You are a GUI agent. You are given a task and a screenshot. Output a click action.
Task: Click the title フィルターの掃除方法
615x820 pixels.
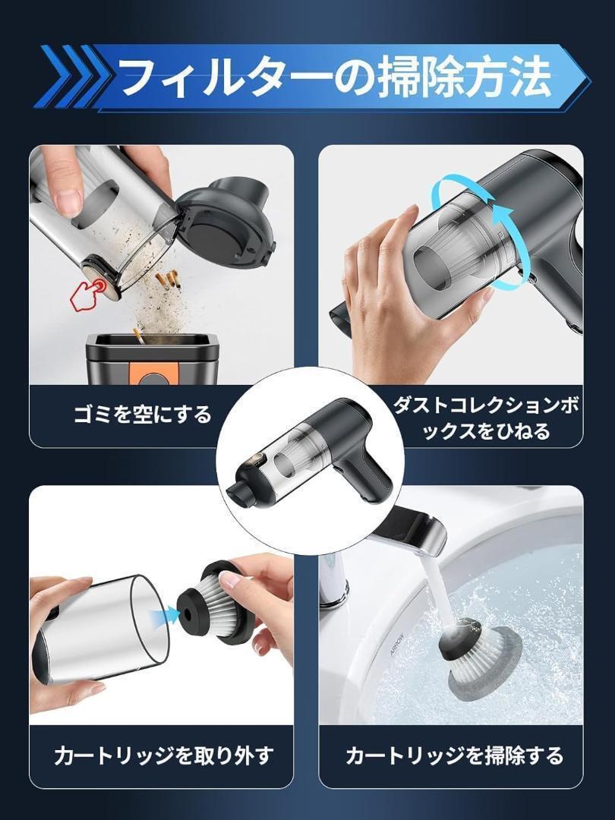click(x=336, y=77)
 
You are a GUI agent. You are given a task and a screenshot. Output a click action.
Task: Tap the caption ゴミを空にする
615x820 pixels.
click(x=142, y=415)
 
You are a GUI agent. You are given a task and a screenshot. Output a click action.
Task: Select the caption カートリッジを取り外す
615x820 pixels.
click(x=164, y=755)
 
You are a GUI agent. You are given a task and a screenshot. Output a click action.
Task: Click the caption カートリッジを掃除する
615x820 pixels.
click(x=454, y=755)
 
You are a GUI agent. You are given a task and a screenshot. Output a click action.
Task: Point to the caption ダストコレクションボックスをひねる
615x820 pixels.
click(x=486, y=418)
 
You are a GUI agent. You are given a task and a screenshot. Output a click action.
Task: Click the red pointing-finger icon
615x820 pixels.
click(x=88, y=294)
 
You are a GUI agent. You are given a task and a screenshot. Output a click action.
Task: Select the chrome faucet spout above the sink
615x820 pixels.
click(x=413, y=534)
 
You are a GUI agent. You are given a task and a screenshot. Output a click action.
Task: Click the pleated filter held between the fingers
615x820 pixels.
click(x=219, y=601)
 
